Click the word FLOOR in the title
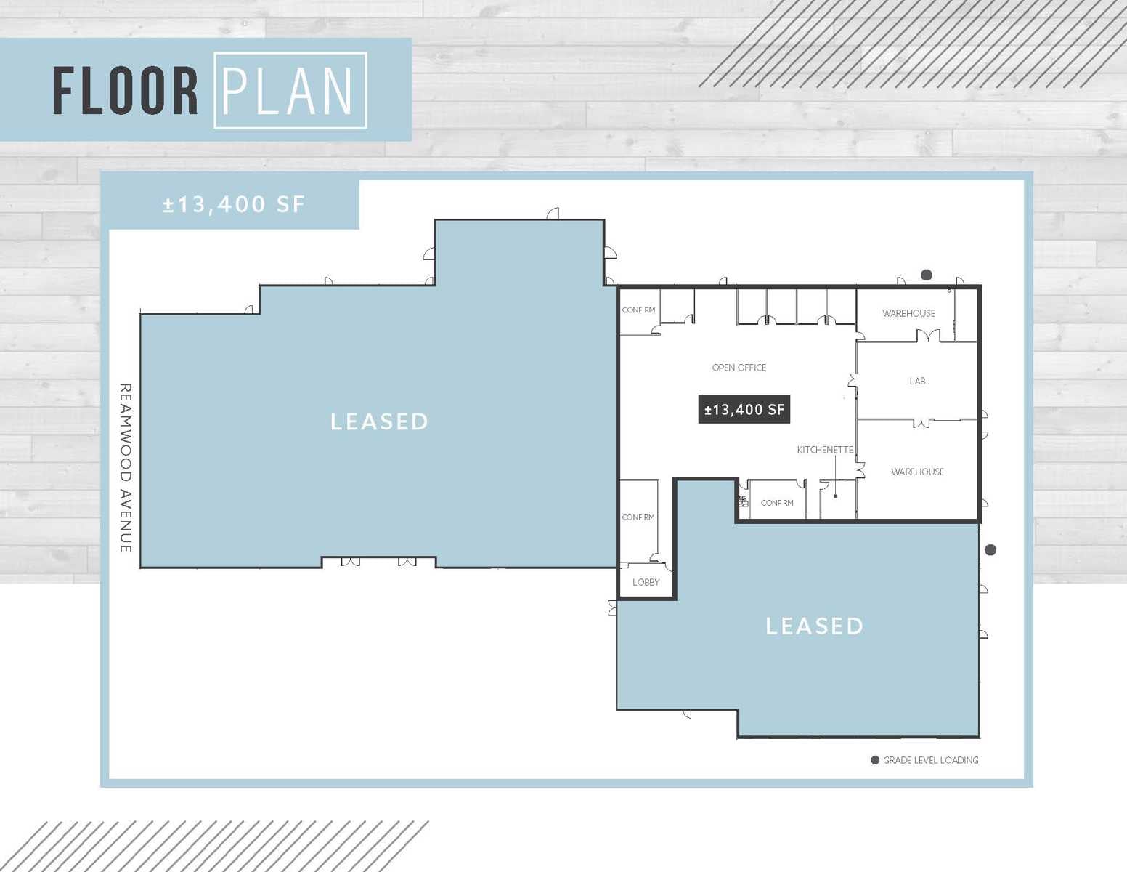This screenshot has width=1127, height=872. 126,91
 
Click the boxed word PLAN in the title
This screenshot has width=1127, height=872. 290,91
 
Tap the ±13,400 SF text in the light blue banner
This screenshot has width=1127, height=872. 234,204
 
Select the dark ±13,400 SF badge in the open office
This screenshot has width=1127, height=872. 744,409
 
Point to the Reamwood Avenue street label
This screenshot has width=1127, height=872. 126,468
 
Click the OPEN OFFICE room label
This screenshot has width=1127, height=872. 739,368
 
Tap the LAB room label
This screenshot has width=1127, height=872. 917,381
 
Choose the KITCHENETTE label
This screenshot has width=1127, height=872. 825,450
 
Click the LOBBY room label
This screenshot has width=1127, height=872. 646,582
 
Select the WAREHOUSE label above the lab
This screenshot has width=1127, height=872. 908,313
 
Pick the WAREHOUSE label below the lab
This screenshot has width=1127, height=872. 917,472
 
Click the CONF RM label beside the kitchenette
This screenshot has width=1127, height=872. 777,503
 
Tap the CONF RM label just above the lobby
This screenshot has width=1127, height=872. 638,517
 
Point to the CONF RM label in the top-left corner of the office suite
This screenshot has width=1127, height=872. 638,310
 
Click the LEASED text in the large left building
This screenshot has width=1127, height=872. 380,421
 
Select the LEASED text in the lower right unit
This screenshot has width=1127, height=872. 815,626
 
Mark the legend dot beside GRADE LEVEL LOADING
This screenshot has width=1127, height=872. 875,760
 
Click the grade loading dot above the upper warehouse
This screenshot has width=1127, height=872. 927,275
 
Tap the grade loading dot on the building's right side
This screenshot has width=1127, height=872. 990,550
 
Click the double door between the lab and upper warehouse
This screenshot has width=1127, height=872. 928,336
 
